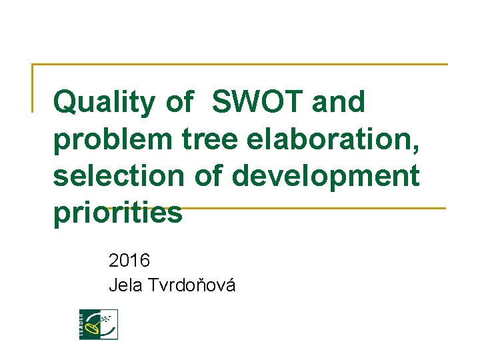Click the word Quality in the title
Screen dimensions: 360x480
point(105,103)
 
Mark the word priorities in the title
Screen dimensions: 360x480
point(117,213)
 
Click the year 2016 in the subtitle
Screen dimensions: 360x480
point(129,259)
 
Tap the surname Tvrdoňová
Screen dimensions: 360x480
point(193,285)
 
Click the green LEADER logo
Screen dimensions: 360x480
point(98,324)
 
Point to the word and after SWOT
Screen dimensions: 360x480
point(339,103)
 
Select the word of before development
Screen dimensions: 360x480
point(211,177)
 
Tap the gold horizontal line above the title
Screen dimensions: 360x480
point(240,65)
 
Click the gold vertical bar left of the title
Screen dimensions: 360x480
point(33,87)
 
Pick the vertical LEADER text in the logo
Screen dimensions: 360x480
point(83,324)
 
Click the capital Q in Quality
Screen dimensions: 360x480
point(65,103)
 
